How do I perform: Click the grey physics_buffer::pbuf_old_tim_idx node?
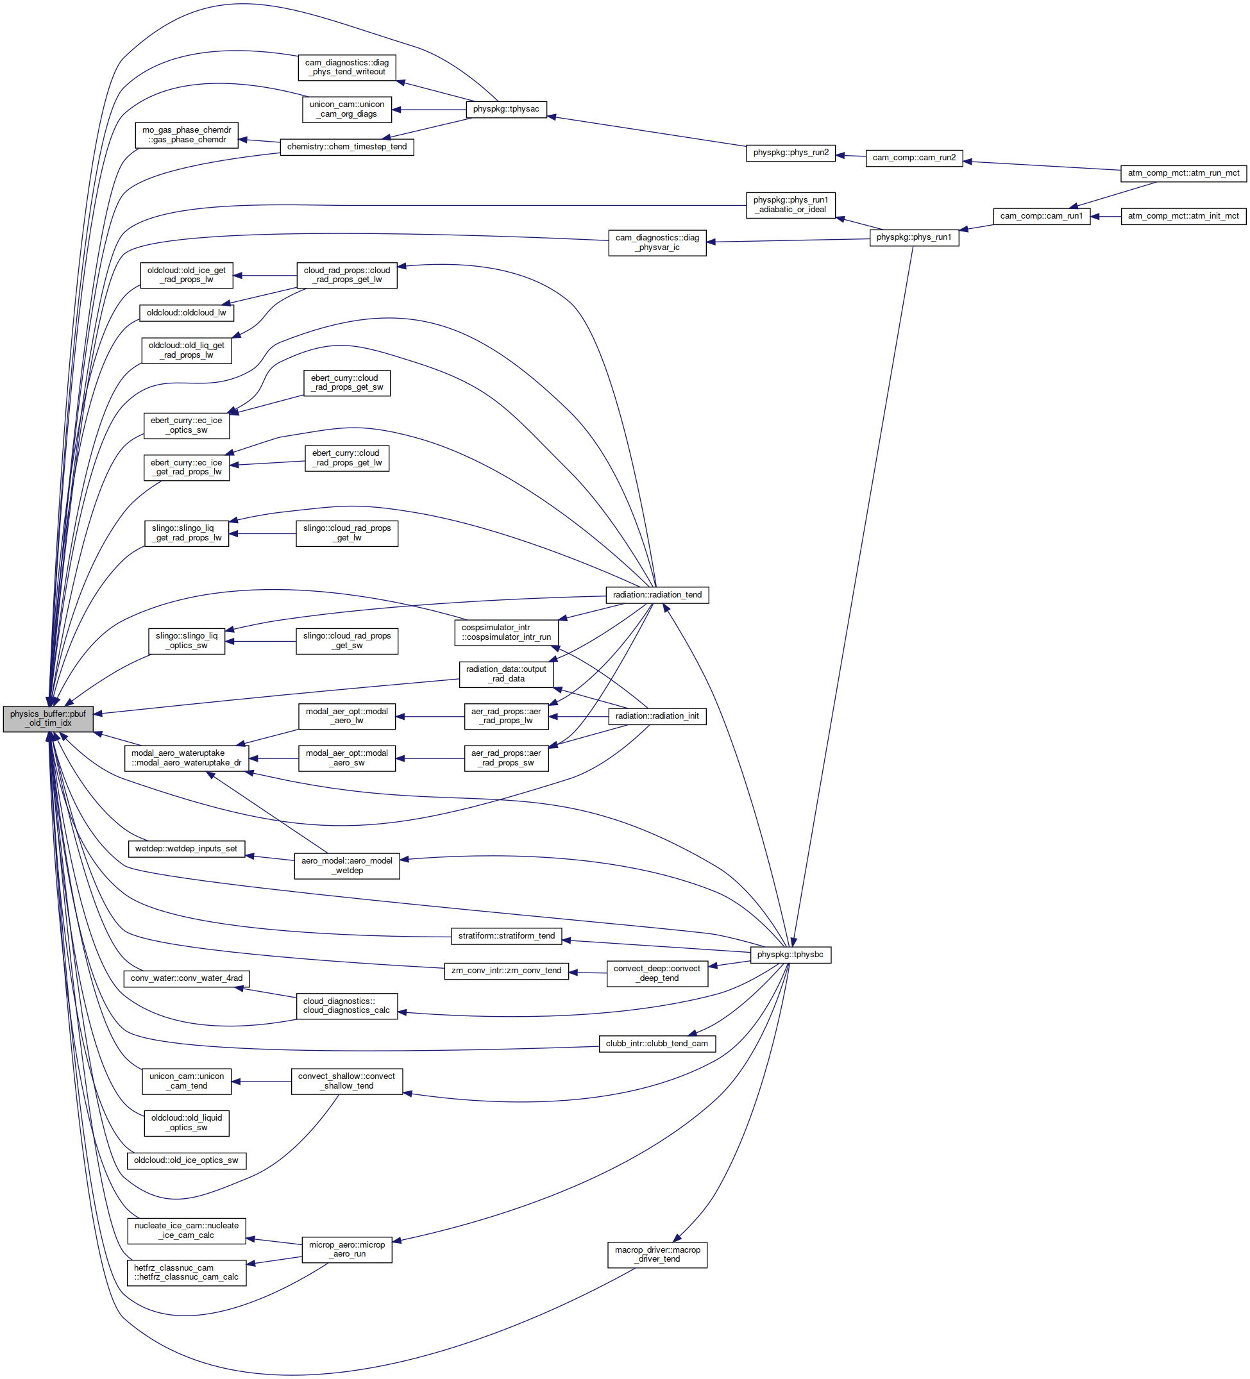[48, 718]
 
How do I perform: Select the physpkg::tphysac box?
[505, 109]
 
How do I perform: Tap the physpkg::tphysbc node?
[790, 954]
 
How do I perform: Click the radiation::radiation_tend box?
[657, 594]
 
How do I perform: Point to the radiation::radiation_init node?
[657, 716]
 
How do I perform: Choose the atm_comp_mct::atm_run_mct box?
[1184, 173]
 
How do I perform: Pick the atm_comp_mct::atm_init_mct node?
[1184, 216]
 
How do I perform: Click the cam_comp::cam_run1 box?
[1042, 216]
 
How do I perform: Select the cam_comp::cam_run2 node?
[914, 158]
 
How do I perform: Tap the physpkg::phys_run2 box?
[790, 153]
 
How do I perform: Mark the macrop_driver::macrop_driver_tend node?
[657, 1255]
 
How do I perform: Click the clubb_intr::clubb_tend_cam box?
[657, 1043]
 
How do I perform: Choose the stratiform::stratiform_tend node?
[506, 936]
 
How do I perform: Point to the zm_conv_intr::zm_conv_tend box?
[506, 971]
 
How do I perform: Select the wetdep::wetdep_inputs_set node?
[186, 849]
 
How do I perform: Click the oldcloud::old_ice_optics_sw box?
[186, 1160]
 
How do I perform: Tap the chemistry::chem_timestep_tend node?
[347, 147]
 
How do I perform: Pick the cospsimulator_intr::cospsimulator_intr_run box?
[506, 632]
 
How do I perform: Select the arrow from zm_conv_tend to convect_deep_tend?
[587, 973]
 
